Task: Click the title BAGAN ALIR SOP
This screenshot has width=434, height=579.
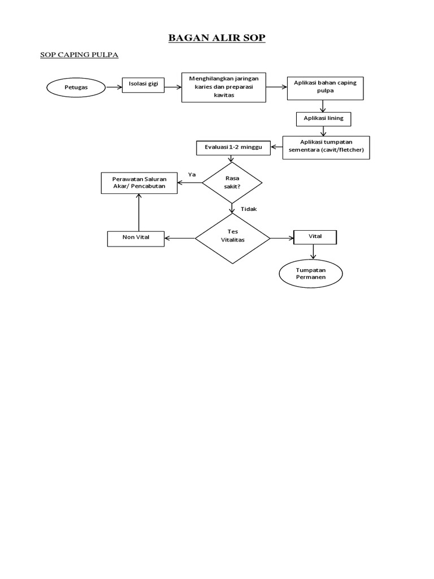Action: tap(217, 38)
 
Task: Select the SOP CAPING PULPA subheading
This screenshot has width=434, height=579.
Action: tap(79, 55)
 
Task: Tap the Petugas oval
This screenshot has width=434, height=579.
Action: tap(76, 87)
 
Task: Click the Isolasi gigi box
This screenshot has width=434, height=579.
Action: tap(144, 85)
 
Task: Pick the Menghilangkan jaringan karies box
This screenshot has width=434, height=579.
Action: tap(223, 87)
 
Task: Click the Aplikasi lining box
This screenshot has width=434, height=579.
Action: tap(323, 119)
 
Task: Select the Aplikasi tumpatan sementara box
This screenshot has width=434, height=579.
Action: tap(326, 147)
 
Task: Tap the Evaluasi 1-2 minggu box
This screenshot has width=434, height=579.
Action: tap(232, 148)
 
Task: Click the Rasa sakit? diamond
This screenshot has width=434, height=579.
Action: tap(232, 182)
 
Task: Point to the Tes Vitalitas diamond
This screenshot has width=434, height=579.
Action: tap(232, 237)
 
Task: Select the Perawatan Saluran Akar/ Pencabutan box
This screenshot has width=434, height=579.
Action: tap(138, 183)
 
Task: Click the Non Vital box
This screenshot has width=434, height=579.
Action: tap(136, 238)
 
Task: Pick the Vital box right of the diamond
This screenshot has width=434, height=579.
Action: tap(315, 237)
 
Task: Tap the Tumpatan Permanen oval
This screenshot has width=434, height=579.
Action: tap(311, 274)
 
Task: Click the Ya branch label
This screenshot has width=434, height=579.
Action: tap(192, 175)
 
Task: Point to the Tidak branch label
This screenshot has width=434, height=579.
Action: tap(249, 209)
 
